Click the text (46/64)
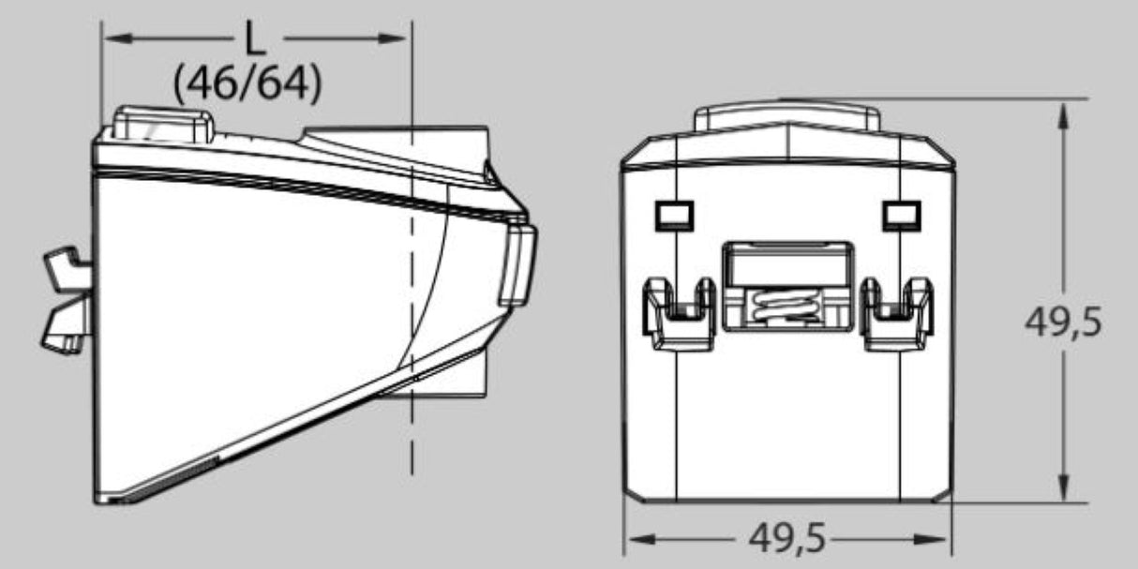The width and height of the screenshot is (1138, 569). (247, 85)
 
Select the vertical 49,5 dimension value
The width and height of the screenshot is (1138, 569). (1063, 323)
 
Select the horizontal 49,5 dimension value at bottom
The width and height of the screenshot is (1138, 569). (787, 539)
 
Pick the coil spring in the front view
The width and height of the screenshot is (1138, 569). (786, 307)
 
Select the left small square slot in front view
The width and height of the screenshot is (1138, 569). (672, 216)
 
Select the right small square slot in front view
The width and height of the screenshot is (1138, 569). (900, 216)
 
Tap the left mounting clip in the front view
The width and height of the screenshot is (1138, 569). (678, 314)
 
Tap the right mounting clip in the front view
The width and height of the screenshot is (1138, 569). (897, 314)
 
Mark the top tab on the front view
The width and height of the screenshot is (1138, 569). (786, 118)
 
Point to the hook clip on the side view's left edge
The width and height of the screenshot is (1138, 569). (67, 300)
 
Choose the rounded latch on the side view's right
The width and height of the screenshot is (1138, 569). (517, 264)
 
